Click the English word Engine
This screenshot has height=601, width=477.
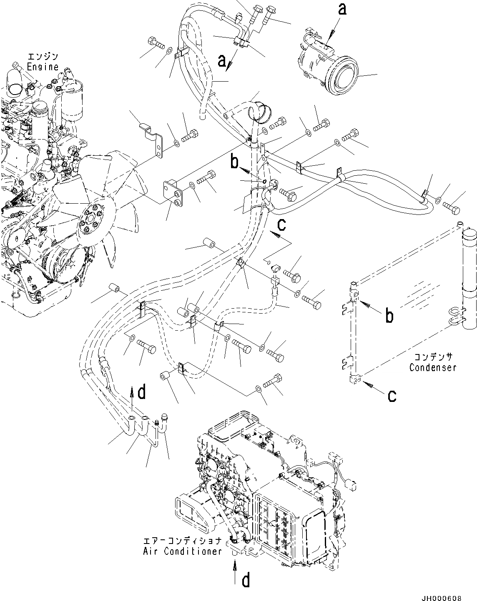(43, 67)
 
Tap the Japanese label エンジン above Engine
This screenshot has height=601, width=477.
(43, 57)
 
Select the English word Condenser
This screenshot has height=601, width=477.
(432, 367)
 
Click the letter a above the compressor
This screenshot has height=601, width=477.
(342, 9)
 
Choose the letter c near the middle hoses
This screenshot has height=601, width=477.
(282, 225)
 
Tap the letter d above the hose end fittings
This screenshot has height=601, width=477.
(142, 392)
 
